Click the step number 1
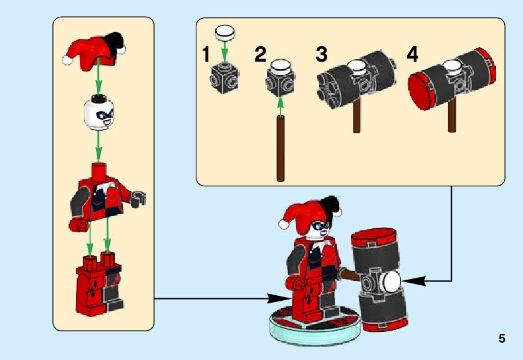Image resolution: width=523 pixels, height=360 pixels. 206,54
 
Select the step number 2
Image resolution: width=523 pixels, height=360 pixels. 261,54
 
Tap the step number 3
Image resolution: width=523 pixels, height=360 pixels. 322,54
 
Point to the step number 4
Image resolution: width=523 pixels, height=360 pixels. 412,54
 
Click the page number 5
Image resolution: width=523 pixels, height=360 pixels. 502,339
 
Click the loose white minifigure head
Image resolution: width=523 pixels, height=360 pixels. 98,112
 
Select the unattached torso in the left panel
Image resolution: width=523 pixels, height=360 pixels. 107,197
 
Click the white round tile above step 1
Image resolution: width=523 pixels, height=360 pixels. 225,32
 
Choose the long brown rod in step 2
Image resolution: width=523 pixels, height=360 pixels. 281,149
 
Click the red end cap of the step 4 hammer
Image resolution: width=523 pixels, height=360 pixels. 421,91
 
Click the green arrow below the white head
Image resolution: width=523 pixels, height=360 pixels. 98,146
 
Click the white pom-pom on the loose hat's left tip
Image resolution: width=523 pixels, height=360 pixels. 67,60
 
